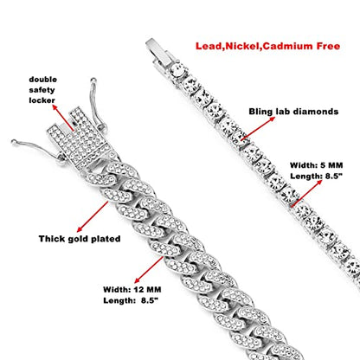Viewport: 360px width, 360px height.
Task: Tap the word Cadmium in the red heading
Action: [287, 46]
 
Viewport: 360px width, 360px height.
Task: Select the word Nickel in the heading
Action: [242, 46]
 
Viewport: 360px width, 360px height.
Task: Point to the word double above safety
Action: [42, 80]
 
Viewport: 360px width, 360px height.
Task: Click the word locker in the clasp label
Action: [42, 100]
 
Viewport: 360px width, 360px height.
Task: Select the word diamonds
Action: [315, 112]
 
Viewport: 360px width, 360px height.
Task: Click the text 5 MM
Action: [331, 165]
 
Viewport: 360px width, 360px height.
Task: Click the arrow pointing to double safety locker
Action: [63, 118]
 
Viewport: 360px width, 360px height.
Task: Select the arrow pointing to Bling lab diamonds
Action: [258, 129]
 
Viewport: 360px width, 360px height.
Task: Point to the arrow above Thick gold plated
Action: [93, 216]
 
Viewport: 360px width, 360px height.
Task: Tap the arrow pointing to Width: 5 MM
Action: [306, 193]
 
